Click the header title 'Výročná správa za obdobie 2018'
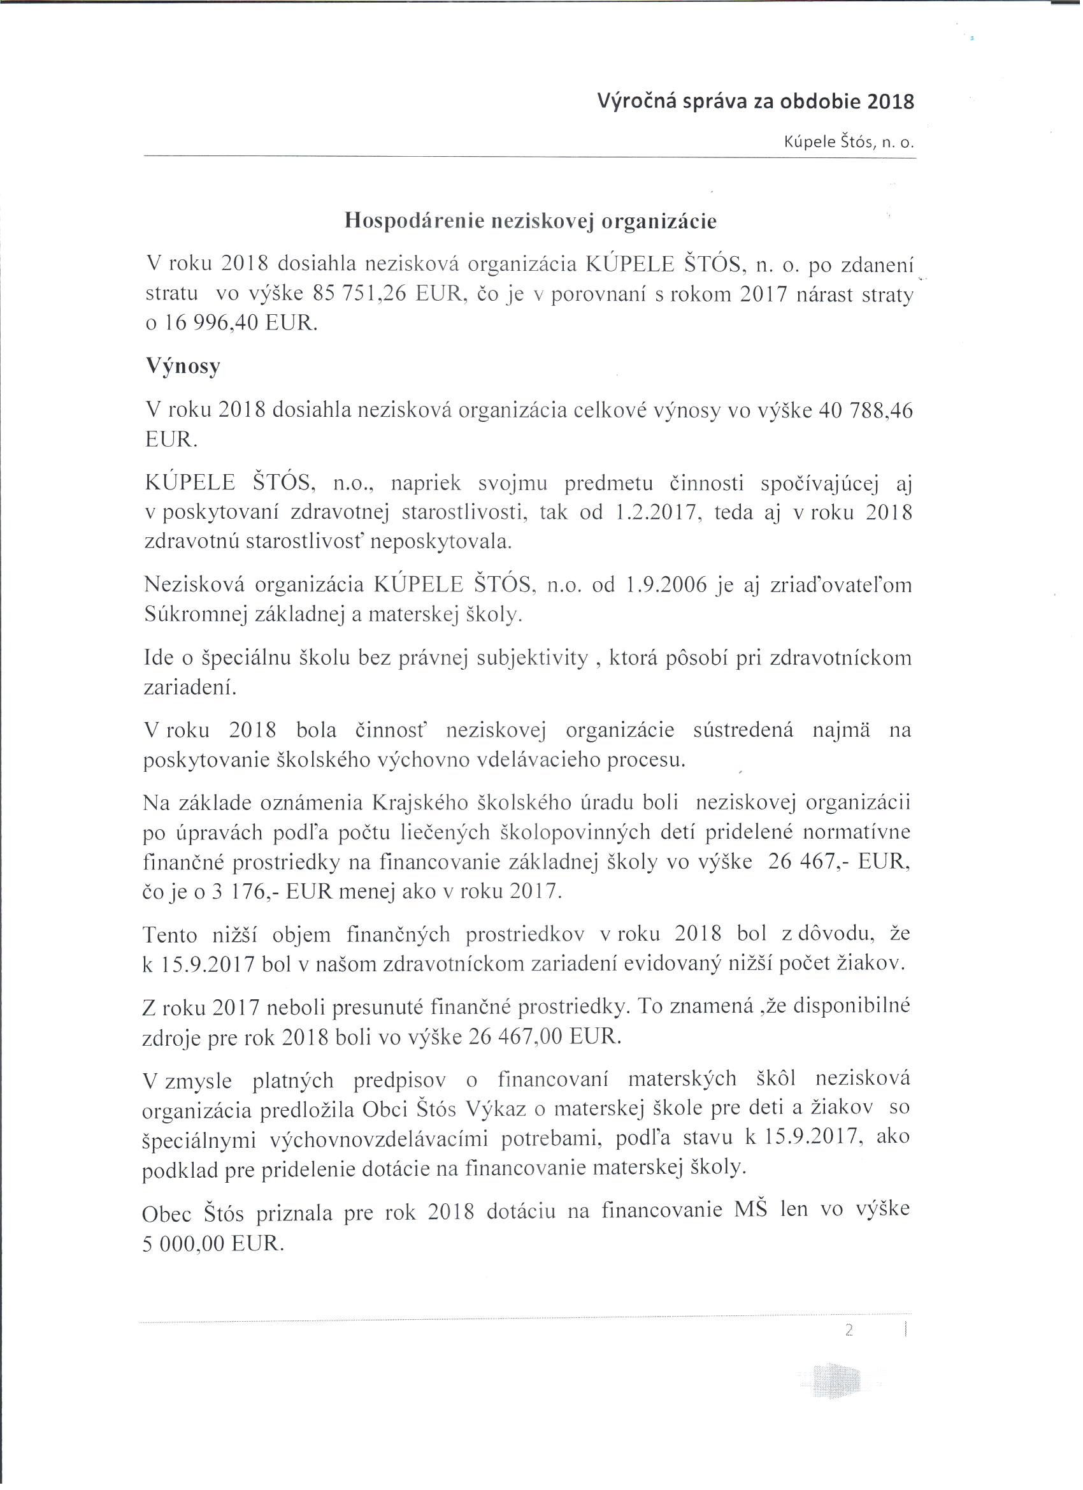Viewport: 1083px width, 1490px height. (x=756, y=101)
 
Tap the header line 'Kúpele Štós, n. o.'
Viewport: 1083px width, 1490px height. (x=849, y=142)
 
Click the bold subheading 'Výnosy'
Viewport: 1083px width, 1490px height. (x=183, y=366)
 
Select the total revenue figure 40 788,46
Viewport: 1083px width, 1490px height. (x=864, y=410)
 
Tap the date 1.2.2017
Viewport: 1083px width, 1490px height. (x=656, y=512)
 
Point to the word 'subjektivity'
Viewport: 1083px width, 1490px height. (x=531, y=658)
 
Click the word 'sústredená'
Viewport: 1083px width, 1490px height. (x=743, y=730)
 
